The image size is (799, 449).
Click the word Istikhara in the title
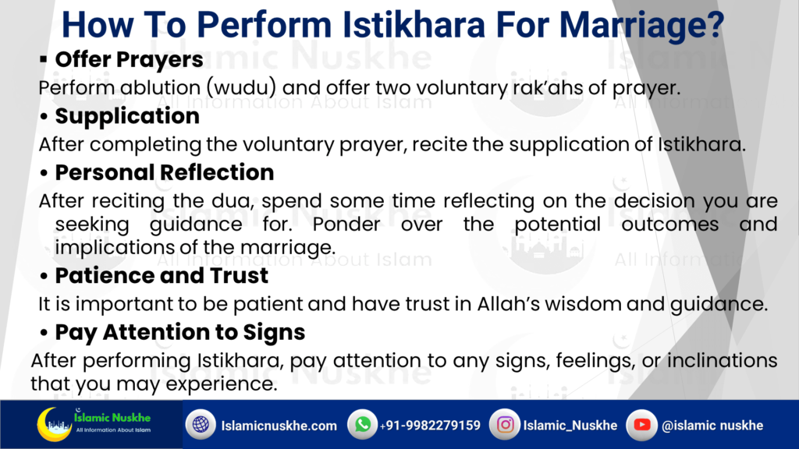point(414,24)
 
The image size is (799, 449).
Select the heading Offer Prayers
point(129,60)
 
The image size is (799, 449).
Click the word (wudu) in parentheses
point(242,87)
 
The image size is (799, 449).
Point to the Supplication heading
point(127,117)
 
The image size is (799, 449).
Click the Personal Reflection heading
point(165,172)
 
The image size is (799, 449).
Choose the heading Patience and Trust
point(162,275)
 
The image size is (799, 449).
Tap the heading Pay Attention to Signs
point(180,332)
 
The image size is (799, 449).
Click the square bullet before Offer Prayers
point(44,59)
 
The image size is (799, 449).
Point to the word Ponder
point(346,224)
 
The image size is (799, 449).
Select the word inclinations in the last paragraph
point(722,360)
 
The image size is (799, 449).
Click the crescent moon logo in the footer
point(54,424)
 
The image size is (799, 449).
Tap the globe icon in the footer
point(201,424)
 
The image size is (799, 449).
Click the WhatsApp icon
point(362,424)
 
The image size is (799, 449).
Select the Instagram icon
point(505,424)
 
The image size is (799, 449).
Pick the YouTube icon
point(641,424)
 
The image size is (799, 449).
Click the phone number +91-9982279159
point(430,426)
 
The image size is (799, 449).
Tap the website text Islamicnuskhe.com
point(279,426)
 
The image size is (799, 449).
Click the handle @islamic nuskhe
point(712,426)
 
